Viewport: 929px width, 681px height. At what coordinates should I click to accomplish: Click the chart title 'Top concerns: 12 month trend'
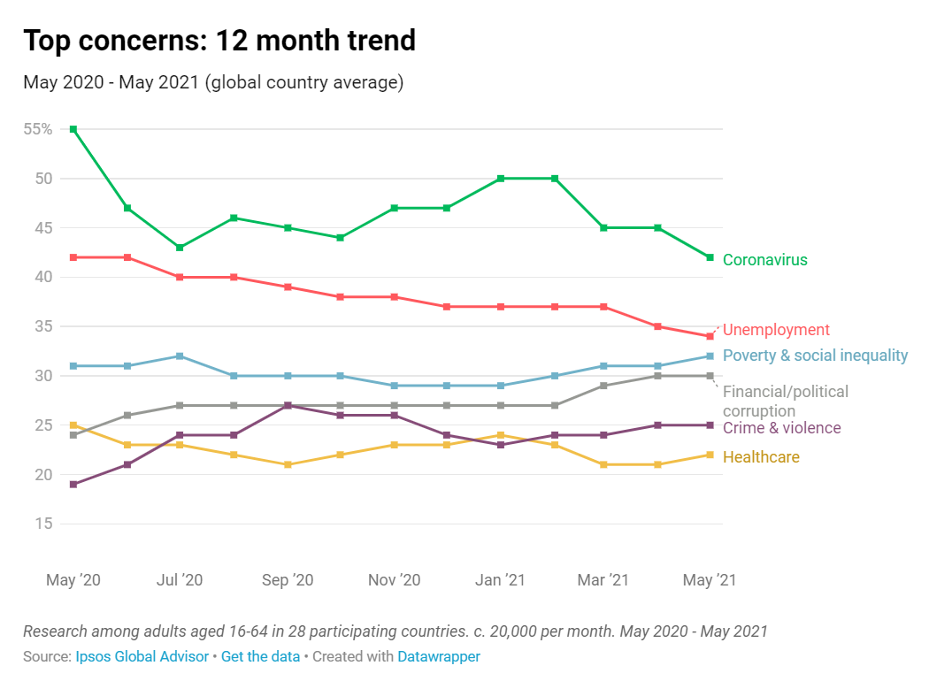pos(219,41)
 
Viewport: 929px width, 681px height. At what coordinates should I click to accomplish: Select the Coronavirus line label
pos(764,260)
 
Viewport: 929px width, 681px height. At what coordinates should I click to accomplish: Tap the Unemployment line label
pos(776,330)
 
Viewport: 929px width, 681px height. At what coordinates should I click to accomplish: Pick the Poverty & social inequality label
pos(815,356)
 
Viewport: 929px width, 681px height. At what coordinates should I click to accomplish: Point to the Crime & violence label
pos(781,428)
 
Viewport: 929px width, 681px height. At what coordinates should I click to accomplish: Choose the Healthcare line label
pos(761,457)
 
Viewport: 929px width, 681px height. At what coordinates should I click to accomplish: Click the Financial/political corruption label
pos(785,402)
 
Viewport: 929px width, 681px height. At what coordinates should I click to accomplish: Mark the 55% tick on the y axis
pos(36,129)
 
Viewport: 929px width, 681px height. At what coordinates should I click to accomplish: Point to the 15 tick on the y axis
pos(44,524)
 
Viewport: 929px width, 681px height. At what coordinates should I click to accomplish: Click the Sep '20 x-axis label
pos(288,580)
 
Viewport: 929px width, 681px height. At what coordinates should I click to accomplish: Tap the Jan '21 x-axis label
pos(500,580)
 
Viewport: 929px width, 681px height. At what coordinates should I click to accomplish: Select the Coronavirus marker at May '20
pos(73,129)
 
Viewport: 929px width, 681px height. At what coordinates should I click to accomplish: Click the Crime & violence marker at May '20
pos(73,485)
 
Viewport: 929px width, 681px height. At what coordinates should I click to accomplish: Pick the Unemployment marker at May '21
pos(710,336)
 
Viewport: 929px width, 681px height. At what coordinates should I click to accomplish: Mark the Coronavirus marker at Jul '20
pos(180,248)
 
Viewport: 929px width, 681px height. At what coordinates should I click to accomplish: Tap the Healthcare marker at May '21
pos(710,455)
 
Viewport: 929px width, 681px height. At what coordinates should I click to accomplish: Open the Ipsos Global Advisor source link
pos(142,657)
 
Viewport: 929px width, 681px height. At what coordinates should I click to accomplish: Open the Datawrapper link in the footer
pos(439,657)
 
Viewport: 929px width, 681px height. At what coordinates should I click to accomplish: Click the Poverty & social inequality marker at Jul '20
pos(180,356)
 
